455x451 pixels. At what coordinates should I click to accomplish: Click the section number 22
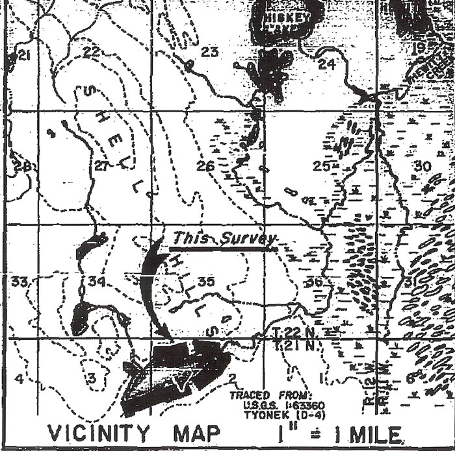coord(92,52)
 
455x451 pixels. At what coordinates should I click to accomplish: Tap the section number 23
coord(209,52)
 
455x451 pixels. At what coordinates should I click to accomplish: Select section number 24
coord(326,64)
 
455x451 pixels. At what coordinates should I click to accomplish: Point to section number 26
coord(205,167)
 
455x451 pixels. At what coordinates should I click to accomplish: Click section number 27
coord(101,166)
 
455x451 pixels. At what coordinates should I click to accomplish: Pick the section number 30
coord(422,167)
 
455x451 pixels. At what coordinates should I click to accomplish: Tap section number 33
coord(19,282)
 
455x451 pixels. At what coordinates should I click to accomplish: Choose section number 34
coord(97,282)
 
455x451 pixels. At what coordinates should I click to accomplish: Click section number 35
coord(206,282)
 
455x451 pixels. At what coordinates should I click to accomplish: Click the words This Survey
coord(224,239)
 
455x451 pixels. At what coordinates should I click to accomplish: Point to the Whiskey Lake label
coord(287,23)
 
